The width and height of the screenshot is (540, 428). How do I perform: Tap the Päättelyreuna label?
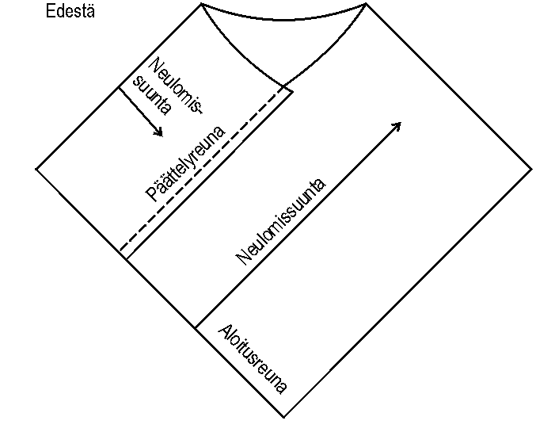pyautogui.click(x=186, y=165)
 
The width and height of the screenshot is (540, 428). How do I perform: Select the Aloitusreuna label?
pyautogui.click(x=253, y=359)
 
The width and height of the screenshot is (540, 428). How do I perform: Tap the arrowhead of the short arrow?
pyautogui.click(x=159, y=132)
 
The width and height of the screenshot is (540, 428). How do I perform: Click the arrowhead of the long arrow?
pyautogui.click(x=398, y=124)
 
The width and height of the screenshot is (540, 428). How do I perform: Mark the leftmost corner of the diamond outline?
pyautogui.click(x=36, y=168)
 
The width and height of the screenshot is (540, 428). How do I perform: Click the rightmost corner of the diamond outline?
pyautogui.click(x=531, y=168)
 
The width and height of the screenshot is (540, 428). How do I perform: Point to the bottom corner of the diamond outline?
pyautogui.click(x=283, y=417)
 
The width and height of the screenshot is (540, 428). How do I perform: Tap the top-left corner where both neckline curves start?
pyautogui.click(x=201, y=5)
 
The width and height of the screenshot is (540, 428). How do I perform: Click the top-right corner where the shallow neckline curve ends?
pyautogui.click(x=366, y=5)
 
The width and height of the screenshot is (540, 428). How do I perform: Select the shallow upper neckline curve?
pyautogui.click(x=283, y=21)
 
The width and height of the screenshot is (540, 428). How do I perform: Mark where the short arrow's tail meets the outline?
pyautogui.click(x=119, y=87)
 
